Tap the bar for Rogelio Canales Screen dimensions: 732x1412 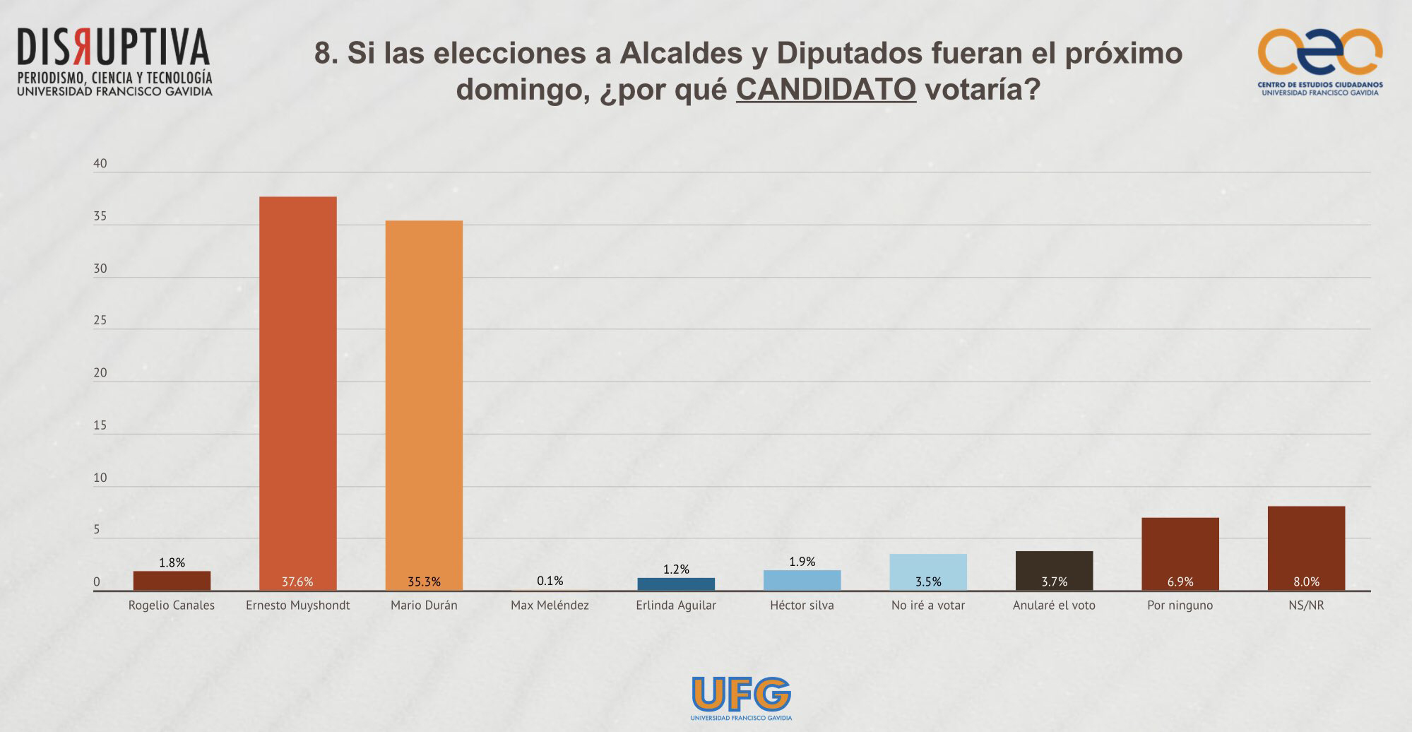point(172,580)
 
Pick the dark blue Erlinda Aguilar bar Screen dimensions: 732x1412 point(676,584)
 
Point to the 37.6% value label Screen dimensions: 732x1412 point(297,582)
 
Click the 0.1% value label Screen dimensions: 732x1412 point(550,581)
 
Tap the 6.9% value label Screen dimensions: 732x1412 point(1180,582)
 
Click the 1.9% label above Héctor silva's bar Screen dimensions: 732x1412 point(802,562)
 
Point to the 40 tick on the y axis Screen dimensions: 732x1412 point(100,164)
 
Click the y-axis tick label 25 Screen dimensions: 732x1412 point(100,321)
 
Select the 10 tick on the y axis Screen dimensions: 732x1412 point(100,478)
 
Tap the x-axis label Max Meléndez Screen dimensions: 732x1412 point(550,606)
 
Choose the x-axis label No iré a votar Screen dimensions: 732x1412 point(928,606)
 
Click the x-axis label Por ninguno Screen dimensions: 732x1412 point(1180,606)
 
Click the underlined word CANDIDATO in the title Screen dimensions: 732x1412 point(826,90)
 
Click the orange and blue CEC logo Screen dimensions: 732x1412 point(1319,53)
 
